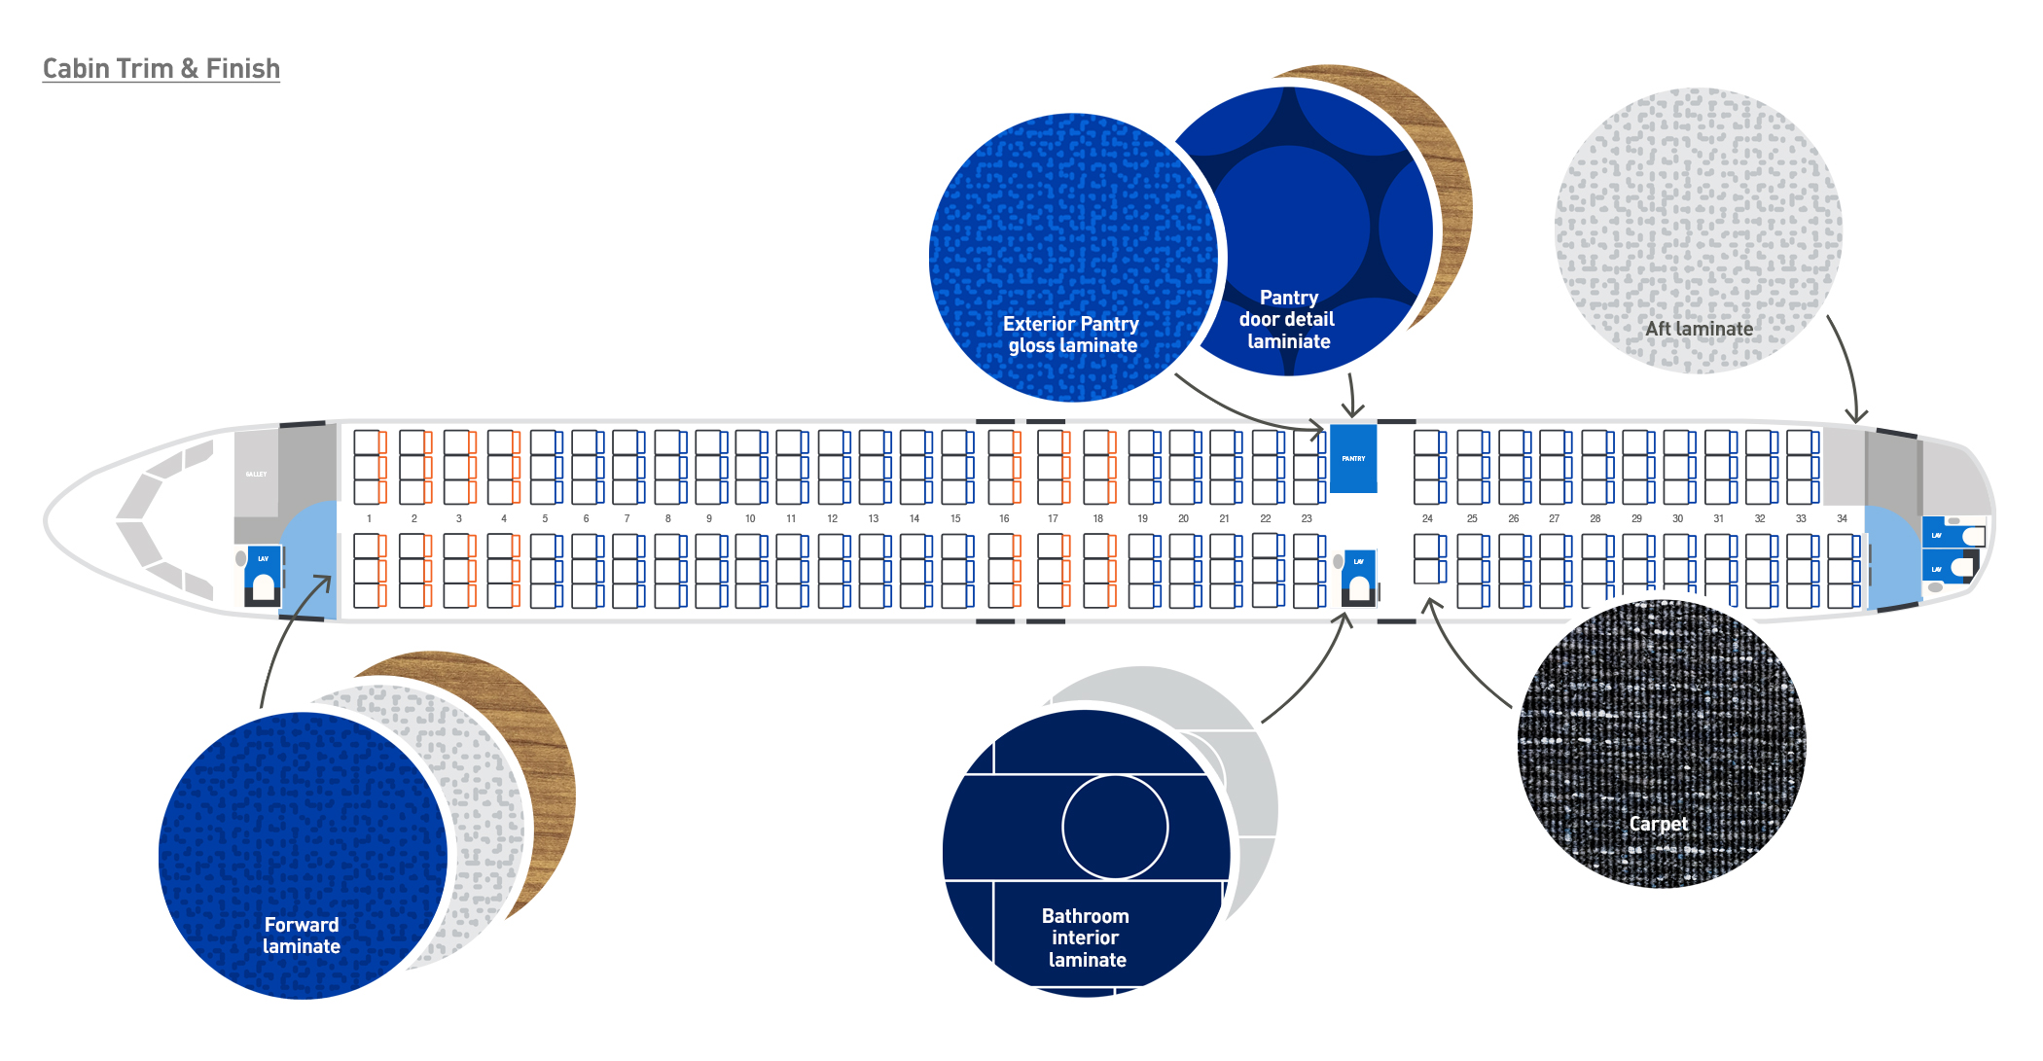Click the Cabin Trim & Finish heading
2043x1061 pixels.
click(161, 69)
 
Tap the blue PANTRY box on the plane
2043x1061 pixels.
click(1353, 458)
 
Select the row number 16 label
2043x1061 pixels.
click(1004, 518)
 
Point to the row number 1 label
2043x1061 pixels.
click(369, 518)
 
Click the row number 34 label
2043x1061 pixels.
click(1842, 518)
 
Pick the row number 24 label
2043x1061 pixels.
click(1427, 518)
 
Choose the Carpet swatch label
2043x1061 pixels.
click(1659, 824)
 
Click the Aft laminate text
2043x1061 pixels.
click(1699, 329)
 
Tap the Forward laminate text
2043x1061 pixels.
click(302, 936)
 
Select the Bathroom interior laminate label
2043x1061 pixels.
click(1086, 937)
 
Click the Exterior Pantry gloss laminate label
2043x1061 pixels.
click(1071, 335)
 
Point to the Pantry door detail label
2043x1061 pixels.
click(1288, 319)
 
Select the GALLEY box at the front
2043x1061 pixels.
click(256, 474)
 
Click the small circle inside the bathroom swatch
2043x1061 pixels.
click(1115, 827)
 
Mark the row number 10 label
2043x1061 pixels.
click(750, 518)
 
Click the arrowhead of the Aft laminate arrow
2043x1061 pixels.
click(1856, 418)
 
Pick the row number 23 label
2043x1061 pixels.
click(1307, 518)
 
